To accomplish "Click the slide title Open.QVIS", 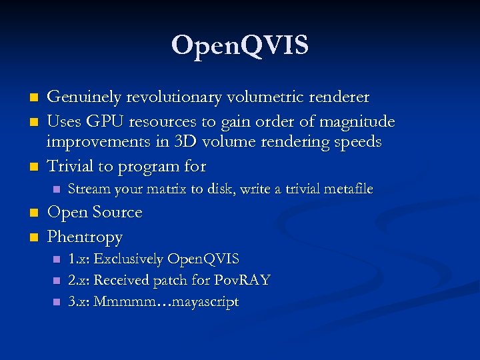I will point(239,46).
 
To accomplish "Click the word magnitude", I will point(359,121).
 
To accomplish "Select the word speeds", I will point(357,142).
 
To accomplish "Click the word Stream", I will point(89,189).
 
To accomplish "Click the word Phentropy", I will point(85,237).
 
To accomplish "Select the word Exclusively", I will point(131,259).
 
